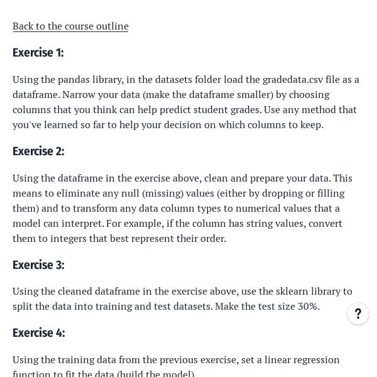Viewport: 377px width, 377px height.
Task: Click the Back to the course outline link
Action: [70, 26]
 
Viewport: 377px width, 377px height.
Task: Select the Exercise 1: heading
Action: [38, 53]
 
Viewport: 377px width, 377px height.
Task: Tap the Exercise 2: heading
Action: [38, 151]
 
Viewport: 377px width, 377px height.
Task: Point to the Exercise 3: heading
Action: [38, 265]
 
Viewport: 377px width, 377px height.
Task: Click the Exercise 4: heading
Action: [38, 333]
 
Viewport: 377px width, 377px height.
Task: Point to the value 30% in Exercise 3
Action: [309, 307]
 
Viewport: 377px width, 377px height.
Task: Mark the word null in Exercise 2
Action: [129, 194]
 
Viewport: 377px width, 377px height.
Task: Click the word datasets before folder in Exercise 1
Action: [190, 80]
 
